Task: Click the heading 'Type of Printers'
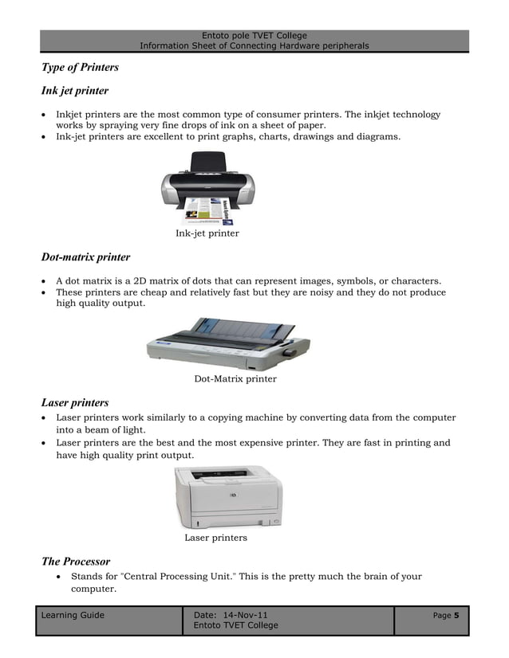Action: coord(80,67)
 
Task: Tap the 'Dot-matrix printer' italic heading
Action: coord(85,257)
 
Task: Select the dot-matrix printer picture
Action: coord(227,343)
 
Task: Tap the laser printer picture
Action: coord(228,497)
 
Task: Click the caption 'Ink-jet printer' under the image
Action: coord(207,233)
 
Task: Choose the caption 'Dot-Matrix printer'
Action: coord(235,379)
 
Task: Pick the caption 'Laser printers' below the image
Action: coord(215,538)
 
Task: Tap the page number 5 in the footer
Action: coord(456,615)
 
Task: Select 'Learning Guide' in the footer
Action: coord(73,615)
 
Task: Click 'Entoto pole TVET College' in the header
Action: coord(254,36)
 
